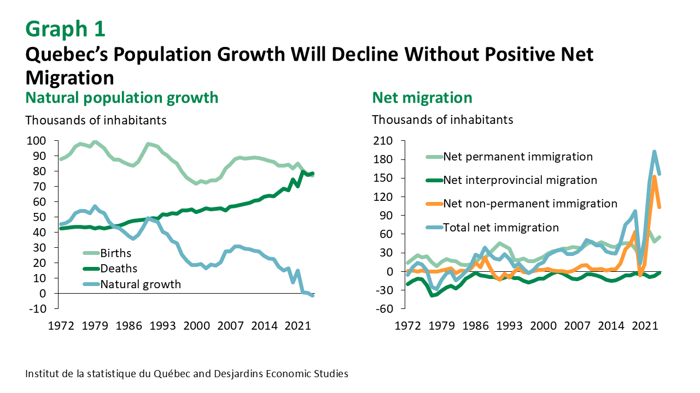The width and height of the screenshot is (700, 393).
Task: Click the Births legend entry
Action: click(x=116, y=253)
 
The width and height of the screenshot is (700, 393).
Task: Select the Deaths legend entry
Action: click(x=119, y=269)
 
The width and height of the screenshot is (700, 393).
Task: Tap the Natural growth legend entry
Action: click(x=140, y=284)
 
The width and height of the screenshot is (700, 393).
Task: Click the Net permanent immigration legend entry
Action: click(x=517, y=157)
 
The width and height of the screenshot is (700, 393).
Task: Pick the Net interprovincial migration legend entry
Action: click(x=520, y=180)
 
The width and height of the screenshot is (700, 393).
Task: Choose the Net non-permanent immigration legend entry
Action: click(x=530, y=204)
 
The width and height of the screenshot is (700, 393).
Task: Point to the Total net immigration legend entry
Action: click(x=501, y=228)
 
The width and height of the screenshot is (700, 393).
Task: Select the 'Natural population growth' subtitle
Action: click(x=122, y=98)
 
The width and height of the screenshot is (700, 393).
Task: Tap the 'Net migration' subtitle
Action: click(x=422, y=98)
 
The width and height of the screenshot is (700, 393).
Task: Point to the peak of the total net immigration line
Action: click(x=654, y=152)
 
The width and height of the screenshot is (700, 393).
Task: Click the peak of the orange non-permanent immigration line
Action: click(x=655, y=176)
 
